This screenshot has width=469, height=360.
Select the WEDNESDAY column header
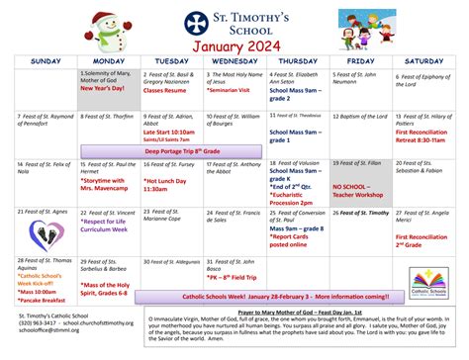pos(234,61)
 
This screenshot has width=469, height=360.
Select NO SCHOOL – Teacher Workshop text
pos(360,189)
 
